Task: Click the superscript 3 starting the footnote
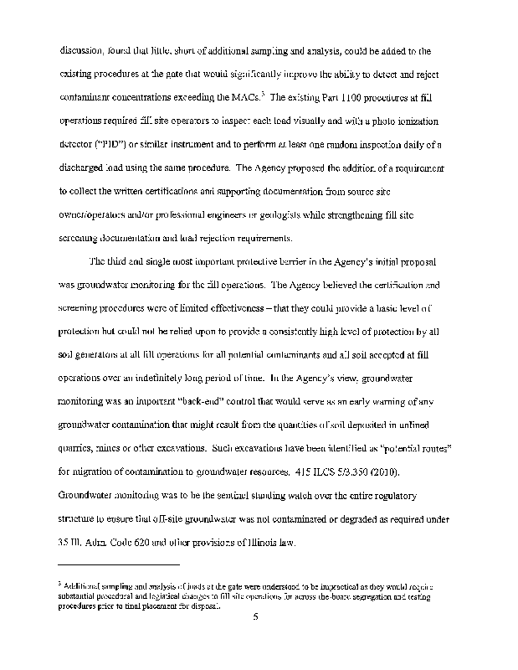click(x=59, y=580)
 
